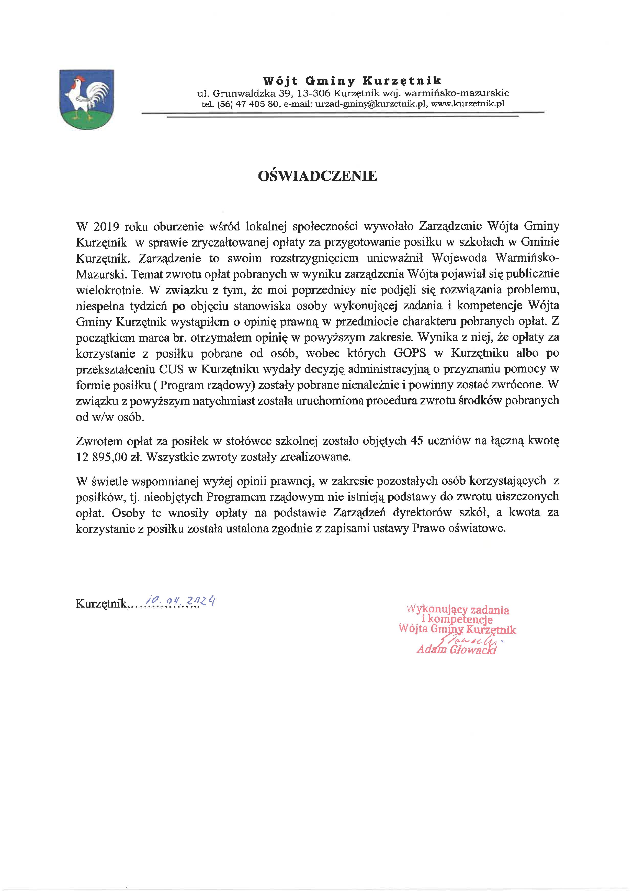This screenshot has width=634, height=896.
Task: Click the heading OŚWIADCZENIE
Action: click(x=318, y=176)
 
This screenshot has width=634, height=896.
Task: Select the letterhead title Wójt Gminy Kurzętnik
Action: click(x=352, y=81)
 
